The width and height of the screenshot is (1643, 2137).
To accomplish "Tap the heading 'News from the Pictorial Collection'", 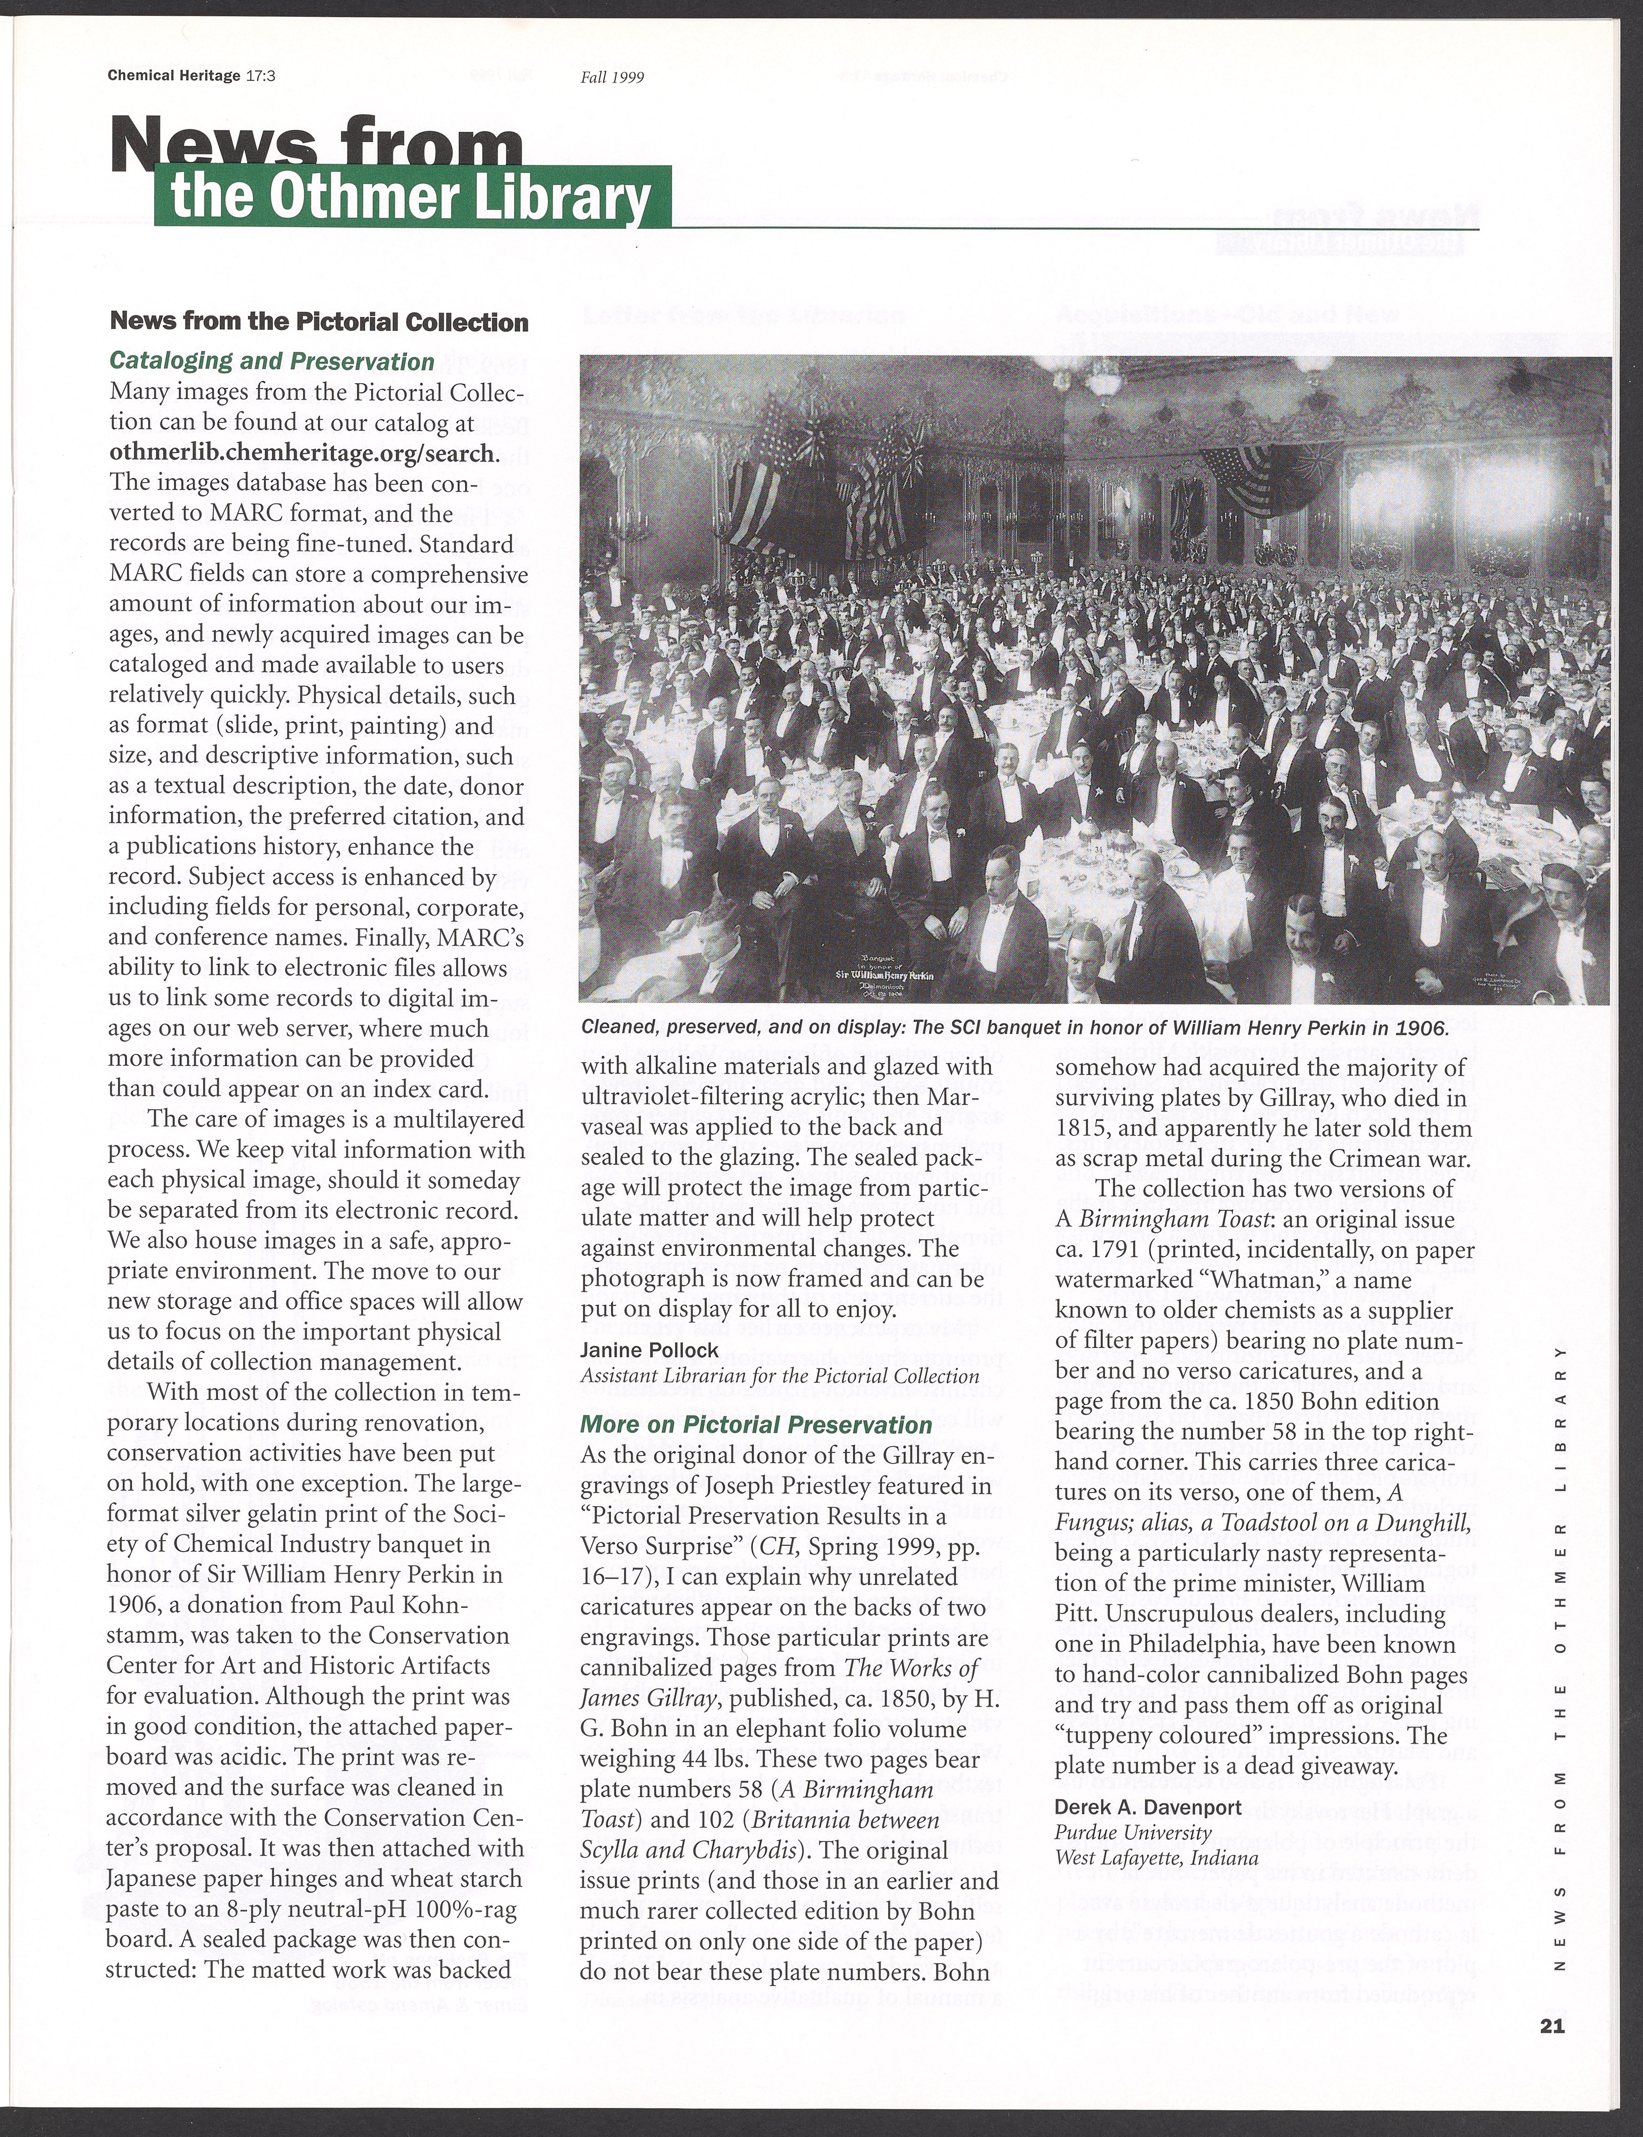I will [x=319, y=322].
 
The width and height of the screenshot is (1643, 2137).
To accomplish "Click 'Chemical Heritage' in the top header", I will [x=174, y=76].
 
